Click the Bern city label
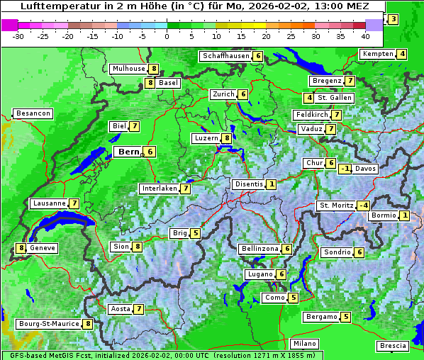[x=129, y=152]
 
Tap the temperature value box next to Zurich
[x=242, y=94]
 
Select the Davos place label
[x=365, y=169]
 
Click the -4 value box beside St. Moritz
[x=363, y=206]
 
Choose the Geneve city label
[x=43, y=248]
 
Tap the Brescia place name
[x=393, y=346]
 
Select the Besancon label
[x=33, y=113]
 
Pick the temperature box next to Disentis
[x=271, y=184]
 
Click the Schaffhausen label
[x=225, y=56]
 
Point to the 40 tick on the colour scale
[x=365, y=35]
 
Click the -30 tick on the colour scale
[x=18, y=35]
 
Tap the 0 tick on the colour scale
[x=167, y=35]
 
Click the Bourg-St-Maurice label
[x=48, y=324]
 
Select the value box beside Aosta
[x=139, y=309]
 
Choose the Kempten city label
[x=377, y=54]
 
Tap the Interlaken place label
[x=159, y=189]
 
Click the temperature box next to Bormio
[x=404, y=215]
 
